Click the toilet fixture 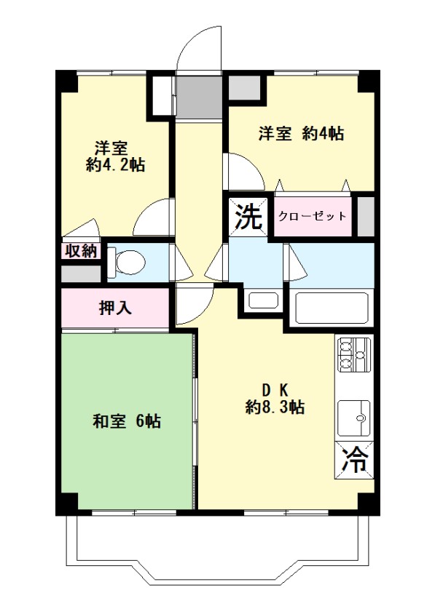[x=126, y=262]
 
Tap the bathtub [x=332, y=308]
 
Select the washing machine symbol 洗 [x=248, y=217]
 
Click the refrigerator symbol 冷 [x=355, y=459]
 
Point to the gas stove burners [x=355, y=354]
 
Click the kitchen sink [x=354, y=418]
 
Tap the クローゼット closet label [x=313, y=216]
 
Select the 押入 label [x=115, y=308]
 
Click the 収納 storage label [x=81, y=250]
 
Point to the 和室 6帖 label [x=127, y=421]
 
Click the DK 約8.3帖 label [x=275, y=399]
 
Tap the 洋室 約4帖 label [x=301, y=134]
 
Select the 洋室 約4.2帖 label [x=115, y=156]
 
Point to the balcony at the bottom [x=218, y=547]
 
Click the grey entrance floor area [x=198, y=97]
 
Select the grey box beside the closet [x=366, y=217]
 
